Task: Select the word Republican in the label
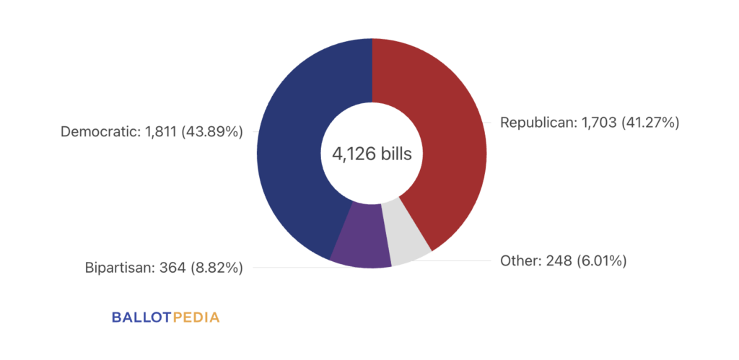point(535,123)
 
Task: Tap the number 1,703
point(595,123)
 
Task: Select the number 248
point(556,260)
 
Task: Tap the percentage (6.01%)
point(601,260)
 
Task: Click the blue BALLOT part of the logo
point(141,317)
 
